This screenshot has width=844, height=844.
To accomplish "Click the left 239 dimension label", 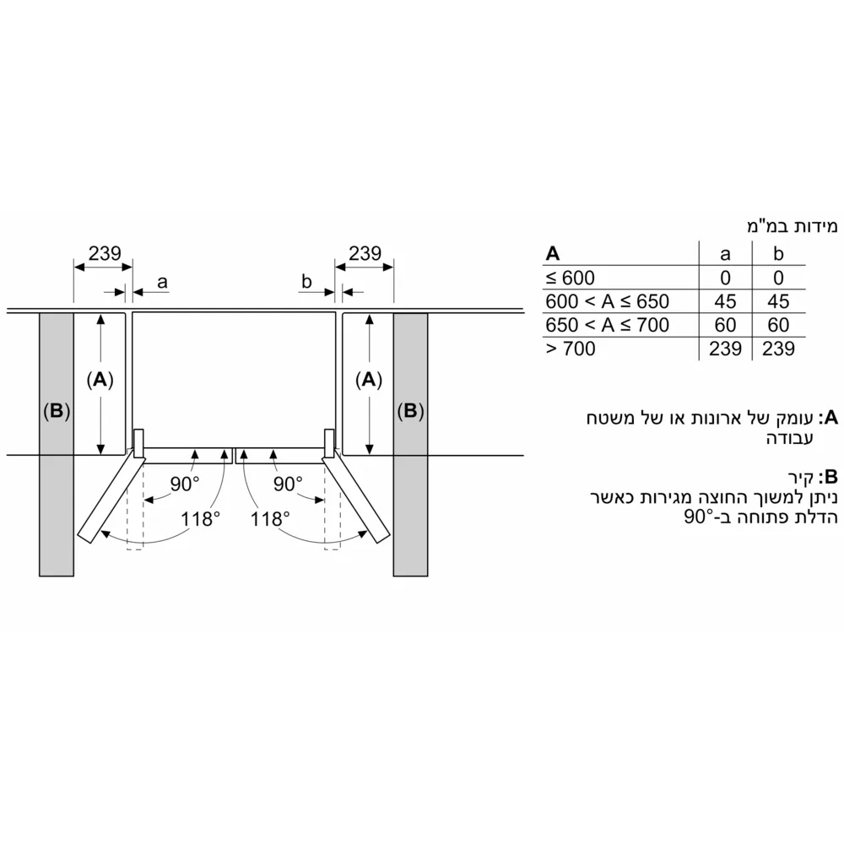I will pyautogui.click(x=105, y=253).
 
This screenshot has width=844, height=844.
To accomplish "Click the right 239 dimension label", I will pyautogui.click(x=365, y=253).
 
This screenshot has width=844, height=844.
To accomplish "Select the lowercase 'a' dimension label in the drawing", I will pyautogui.click(x=161, y=280).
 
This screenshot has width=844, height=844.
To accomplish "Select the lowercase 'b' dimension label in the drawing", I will pyautogui.click(x=308, y=280).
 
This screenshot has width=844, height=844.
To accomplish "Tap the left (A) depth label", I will pyautogui.click(x=100, y=381).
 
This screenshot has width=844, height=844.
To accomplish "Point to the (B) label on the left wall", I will pyautogui.click(x=56, y=412).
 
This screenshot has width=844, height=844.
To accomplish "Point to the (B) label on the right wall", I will pyautogui.click(x=410, y=412).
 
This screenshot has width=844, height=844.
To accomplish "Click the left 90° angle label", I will pyautogui.click(x=186, y=484).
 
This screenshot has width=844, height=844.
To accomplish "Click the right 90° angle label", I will pyautogui.click(x=287, y=484).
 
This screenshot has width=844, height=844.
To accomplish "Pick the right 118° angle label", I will pyautogui.click(x=270, y=518).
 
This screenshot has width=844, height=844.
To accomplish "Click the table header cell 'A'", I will pyautogui.click(x=553, y=253).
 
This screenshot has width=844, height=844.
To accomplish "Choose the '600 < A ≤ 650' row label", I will pyautogui.click(x=607, y=301).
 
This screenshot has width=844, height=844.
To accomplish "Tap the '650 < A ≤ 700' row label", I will pyautogui.click(x=607, y=325).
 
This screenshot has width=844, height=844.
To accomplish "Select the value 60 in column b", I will pyautogui.click(x=778, y=325).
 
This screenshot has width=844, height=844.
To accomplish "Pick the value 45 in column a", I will pyautogui.click(x=724, y=301).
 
